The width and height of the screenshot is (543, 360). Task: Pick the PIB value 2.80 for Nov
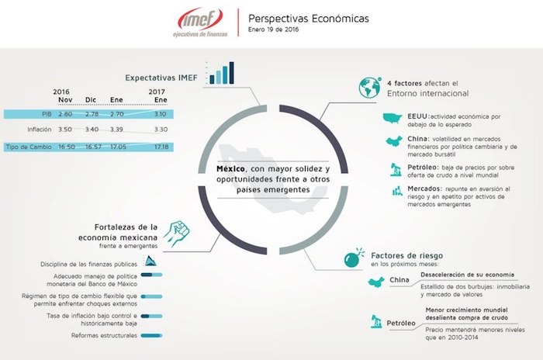point(65,114)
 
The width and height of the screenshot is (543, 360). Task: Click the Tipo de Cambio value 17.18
point(161,146)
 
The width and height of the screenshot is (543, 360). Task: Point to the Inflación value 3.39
point(116,130)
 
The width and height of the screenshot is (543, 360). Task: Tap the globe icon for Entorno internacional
point(368,88)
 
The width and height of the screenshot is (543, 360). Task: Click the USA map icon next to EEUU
point(396,118)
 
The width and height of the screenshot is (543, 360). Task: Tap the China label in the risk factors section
point(399,280)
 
